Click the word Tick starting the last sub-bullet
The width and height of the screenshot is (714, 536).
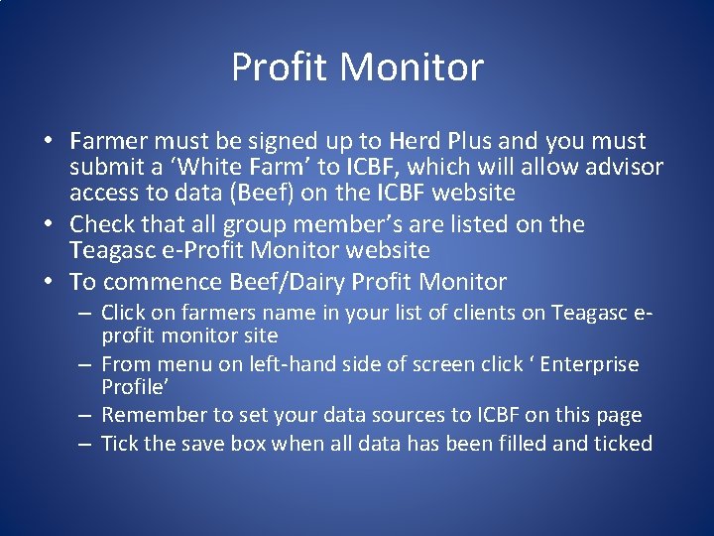tap(120, 444)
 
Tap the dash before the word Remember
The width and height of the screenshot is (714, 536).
tap(87, 415)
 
